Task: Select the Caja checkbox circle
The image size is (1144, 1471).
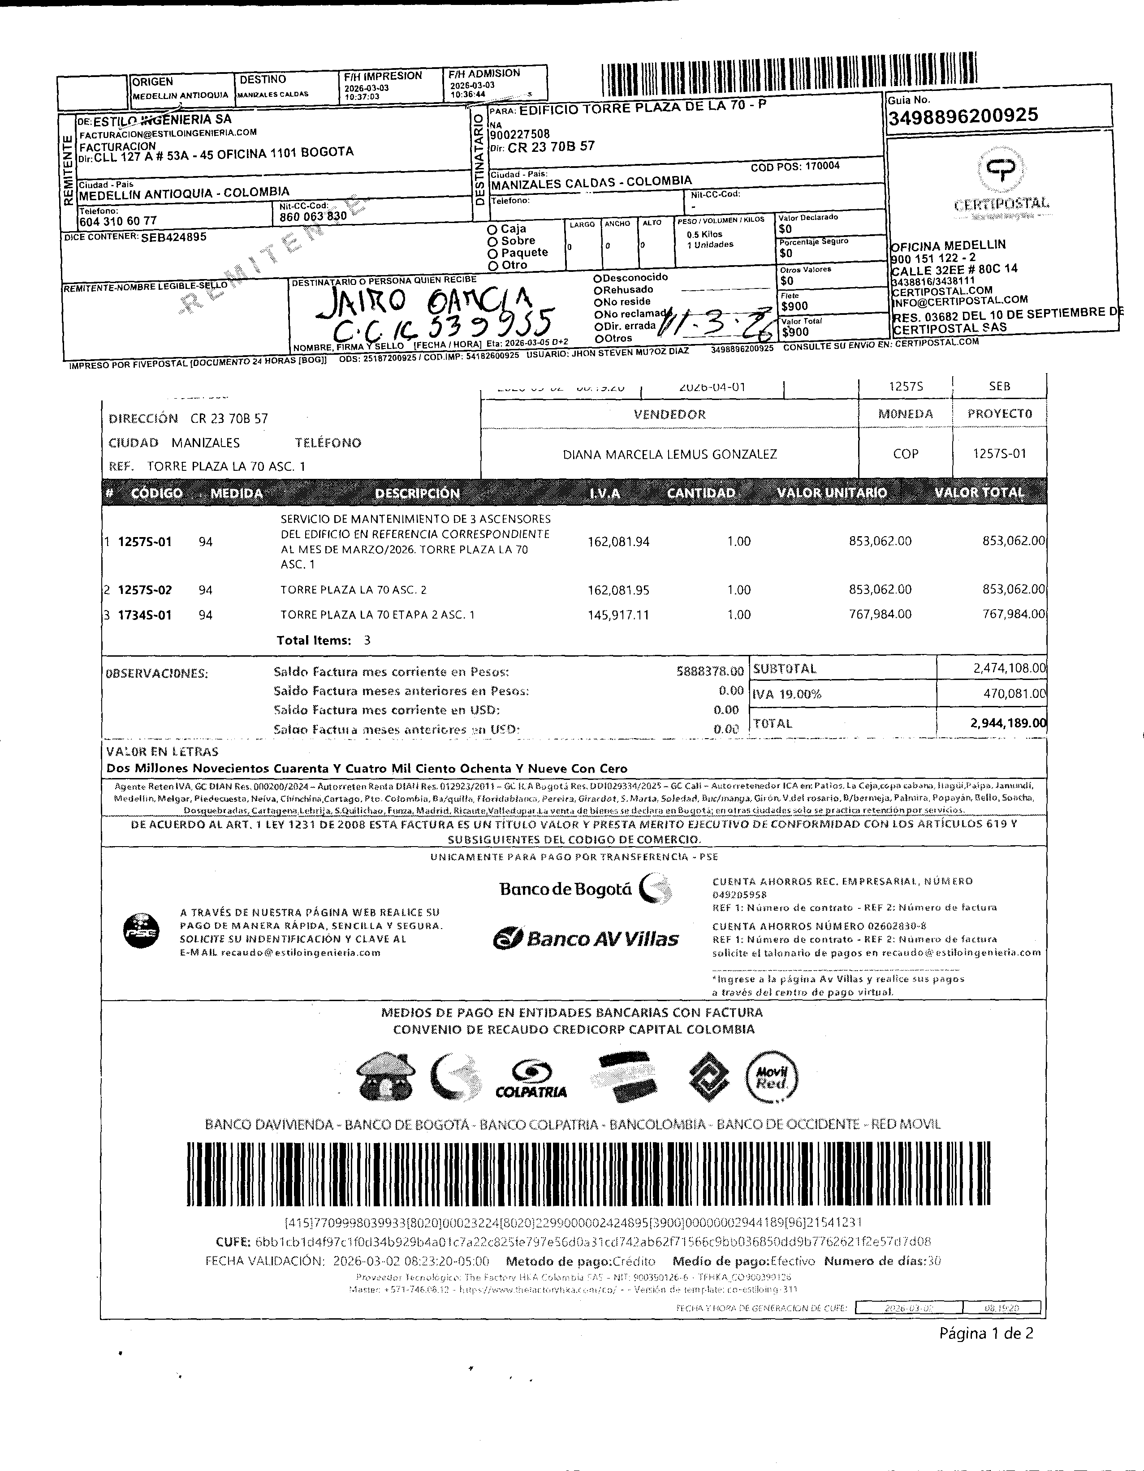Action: pos(492,230)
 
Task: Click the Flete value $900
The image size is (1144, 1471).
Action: pos(794,306)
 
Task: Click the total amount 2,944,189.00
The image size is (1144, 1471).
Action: pos(1008,723)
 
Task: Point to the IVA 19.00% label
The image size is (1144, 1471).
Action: pos(787,694)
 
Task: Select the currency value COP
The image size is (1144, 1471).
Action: pos(906,454)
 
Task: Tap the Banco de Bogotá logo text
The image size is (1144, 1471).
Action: pos(566,890)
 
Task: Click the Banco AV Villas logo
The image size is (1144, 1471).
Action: pos(586,939)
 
